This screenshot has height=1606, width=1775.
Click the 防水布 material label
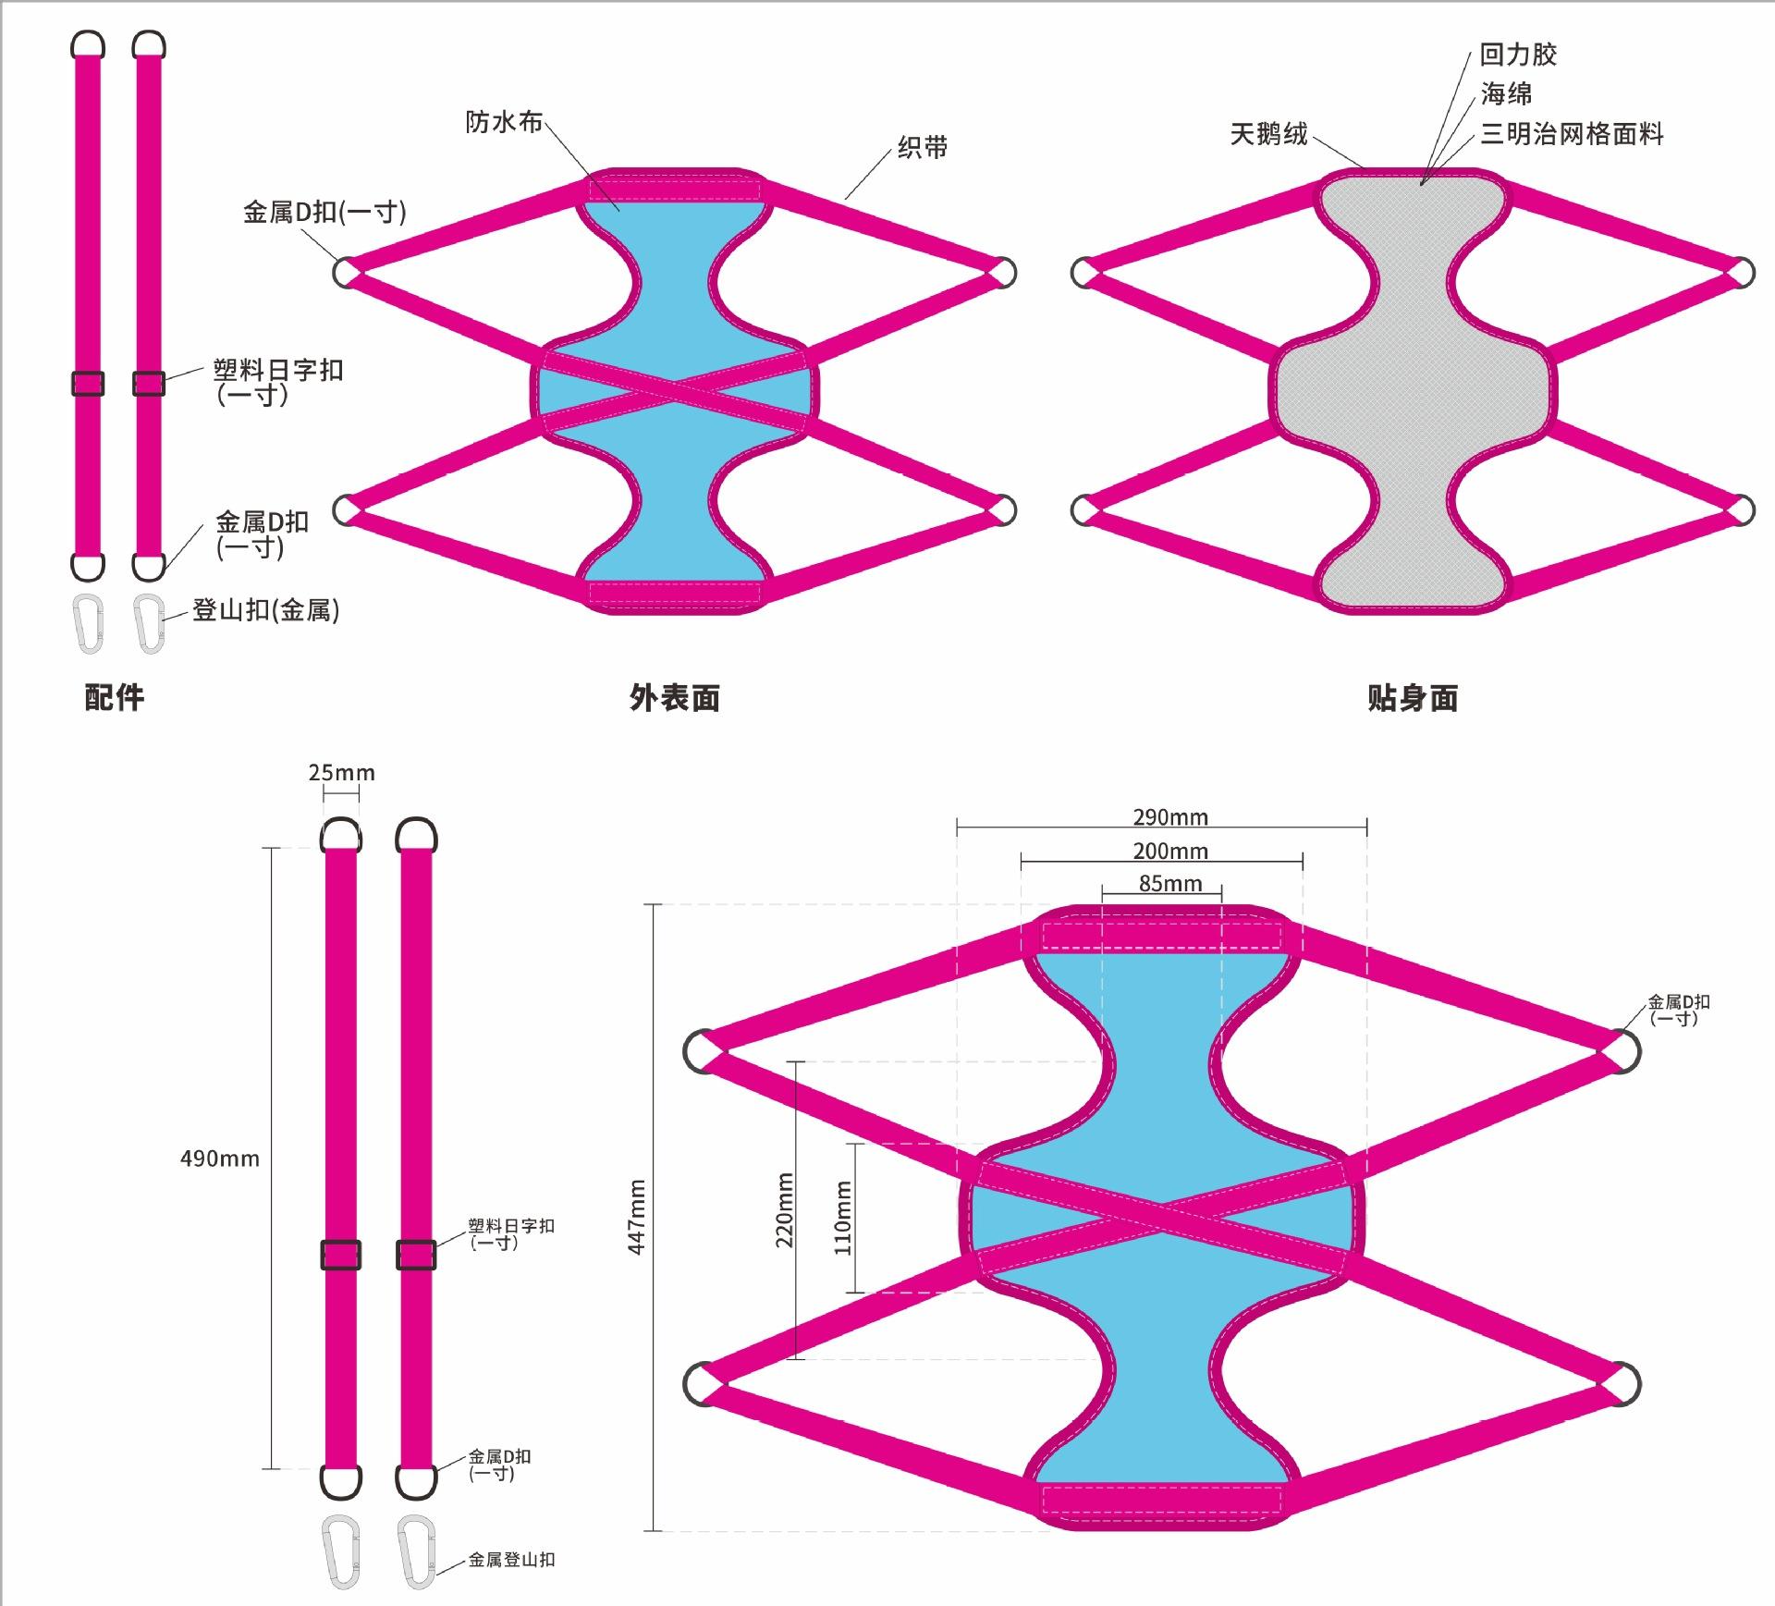pos(504,121)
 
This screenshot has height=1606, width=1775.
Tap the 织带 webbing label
pos(922,147)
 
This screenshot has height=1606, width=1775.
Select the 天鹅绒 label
pos(1268,134)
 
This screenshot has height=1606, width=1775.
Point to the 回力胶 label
pos(1518,55)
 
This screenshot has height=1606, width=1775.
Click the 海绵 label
pos(1506,93)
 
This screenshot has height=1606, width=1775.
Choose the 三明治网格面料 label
pos(1572,134)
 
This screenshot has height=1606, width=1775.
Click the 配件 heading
pos(115,697)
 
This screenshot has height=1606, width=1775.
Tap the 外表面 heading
pos(674,697)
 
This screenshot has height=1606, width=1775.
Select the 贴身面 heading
pos(1412,697)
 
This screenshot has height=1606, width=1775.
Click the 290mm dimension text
pos(1170,816)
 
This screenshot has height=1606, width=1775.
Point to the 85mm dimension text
pos(1170,883)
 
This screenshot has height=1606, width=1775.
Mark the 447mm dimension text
pos(636,1217)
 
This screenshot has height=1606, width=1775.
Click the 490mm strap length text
pos(220,1159)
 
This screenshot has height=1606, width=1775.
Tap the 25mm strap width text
pos(342,772)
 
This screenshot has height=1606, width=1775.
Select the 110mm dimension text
pos(842,1218)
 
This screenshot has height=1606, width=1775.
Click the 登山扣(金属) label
pos(266,610)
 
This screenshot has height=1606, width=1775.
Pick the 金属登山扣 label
pos(511,1559)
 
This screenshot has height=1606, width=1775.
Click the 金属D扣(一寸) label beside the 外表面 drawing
pos(324,212)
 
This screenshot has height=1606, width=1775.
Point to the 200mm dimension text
pos(1170,851)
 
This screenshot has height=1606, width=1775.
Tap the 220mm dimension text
pos(784,1209)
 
